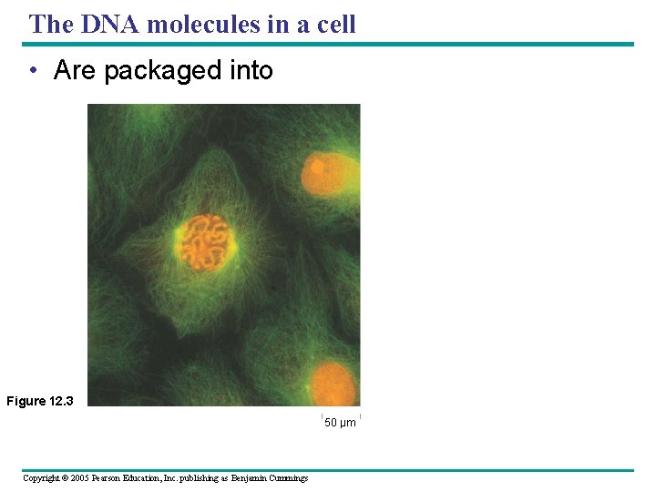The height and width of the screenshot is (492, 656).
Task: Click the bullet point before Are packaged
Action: [33, 71]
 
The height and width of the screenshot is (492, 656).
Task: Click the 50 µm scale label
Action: [341, 423]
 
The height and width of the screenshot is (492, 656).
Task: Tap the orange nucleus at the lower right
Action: [333, 383]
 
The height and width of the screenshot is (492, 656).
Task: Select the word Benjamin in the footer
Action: [251, 478]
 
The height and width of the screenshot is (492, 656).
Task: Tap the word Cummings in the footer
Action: [290, 478]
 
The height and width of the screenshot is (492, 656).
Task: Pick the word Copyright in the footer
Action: [41, 478]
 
